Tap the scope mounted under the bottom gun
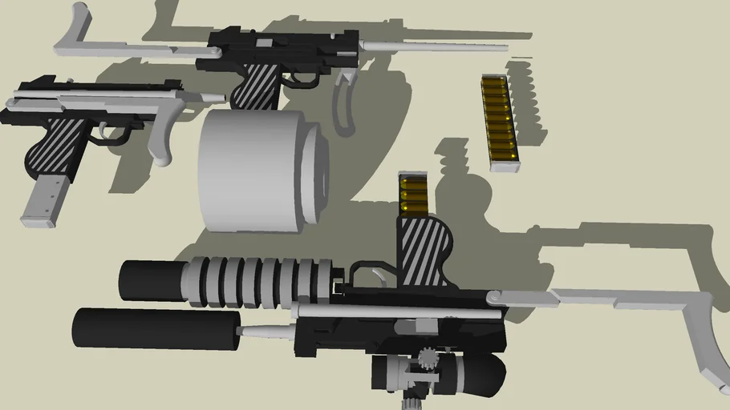pos(441,372)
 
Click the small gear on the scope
pos(425,356)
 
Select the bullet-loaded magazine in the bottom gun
pos(414,195)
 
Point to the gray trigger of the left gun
pos(106,130)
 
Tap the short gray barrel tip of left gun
pos(212,97)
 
